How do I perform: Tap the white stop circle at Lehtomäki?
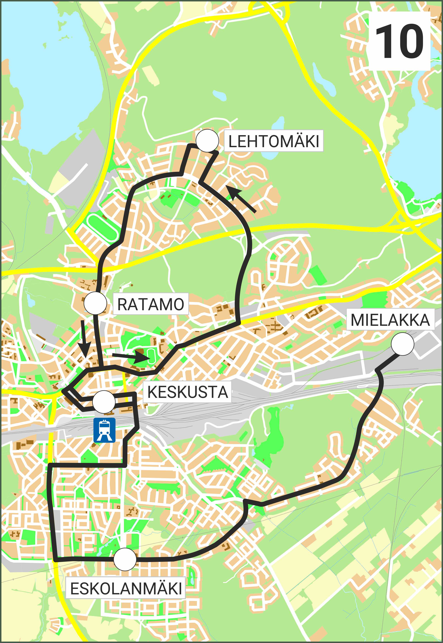[207, 141]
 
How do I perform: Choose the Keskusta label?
[187, 392]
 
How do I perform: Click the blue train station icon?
[104, 430]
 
